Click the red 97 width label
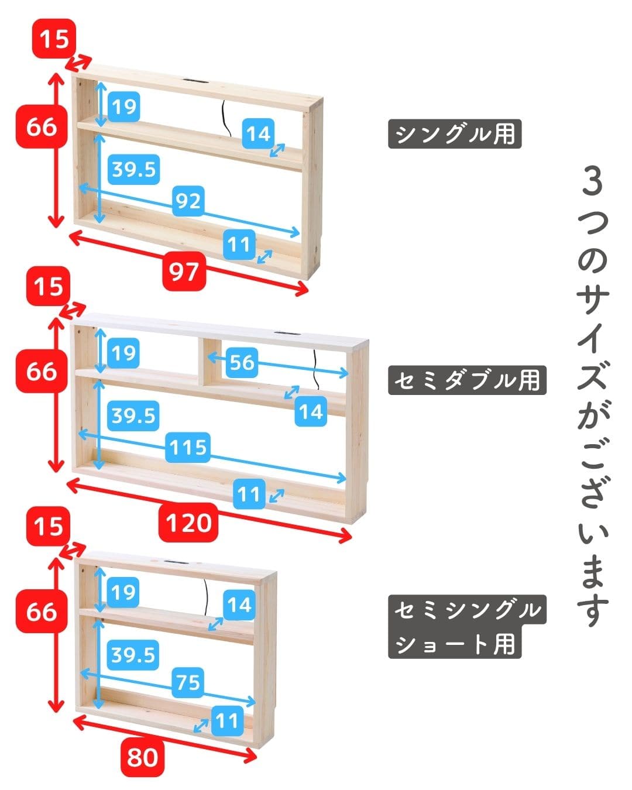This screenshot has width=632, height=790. pos(185,272)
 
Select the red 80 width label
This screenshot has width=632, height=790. pos(142,757)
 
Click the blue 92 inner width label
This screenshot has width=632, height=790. pos(188,201)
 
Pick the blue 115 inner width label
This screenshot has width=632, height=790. pos(188,448)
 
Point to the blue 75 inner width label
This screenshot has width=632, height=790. pos(188,682)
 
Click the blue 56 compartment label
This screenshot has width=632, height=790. pos(242,362)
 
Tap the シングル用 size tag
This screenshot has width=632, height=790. pos(455,135)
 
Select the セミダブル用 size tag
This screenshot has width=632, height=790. pos(466,380)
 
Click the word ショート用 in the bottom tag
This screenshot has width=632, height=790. pos(455,645)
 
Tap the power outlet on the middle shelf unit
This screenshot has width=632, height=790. pos(287,334)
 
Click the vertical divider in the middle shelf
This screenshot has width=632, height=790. pos(201,361)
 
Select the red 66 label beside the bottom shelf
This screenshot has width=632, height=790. pos(42,612)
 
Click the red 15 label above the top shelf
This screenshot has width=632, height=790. pos(54,40)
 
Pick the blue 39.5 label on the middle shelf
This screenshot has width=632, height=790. pos(133,415)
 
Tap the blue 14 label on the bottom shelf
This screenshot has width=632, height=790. pos(238,604)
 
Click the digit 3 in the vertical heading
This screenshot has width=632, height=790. pos(593,183)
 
